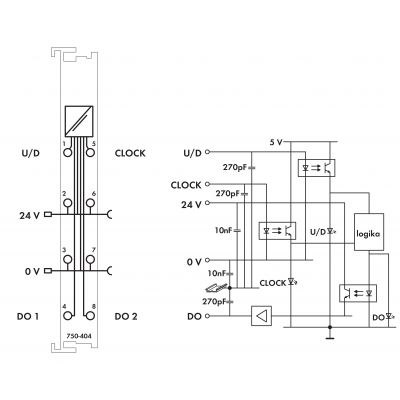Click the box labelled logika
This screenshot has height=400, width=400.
tap(369, 232)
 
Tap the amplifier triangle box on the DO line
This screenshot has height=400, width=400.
tap(261, 316)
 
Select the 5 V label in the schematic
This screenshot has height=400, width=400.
tap(276, 142)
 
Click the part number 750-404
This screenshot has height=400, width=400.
tap(79, 336)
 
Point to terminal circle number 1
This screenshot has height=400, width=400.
tap(68, 153)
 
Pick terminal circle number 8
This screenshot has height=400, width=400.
tap(90, 316)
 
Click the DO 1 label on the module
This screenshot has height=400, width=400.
tap(28, 316)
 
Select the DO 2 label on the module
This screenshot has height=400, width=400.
tap(126, 316)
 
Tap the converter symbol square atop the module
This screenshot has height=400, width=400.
tap(79, 121)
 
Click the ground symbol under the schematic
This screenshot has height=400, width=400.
tap(330, 338)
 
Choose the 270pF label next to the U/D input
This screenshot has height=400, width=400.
tap(235, 167)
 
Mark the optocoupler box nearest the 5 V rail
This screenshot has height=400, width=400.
tap(316, 168)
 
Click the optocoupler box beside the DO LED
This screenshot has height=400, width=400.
tap(358, 293)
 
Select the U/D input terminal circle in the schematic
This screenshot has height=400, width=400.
tap(208, 152)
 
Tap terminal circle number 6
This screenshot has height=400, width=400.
tap(90, 202)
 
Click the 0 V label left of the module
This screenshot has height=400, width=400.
tap(32, 271)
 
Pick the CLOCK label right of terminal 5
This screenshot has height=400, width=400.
tap(130, 153)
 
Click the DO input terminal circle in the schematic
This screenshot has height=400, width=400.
tap(208, 316)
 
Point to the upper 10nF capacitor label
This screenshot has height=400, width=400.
tap(223, 230)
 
